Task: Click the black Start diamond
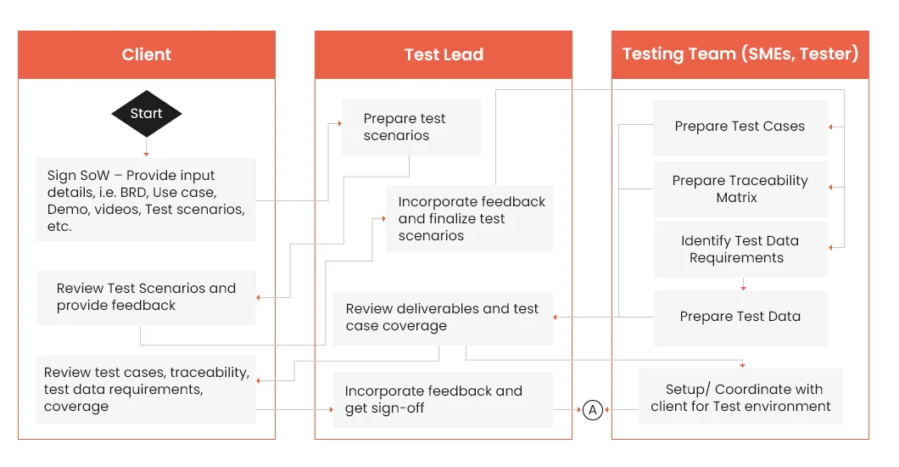click(x=146, y=114)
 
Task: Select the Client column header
click(x=147, y=54)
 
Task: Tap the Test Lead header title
click(x=444, y=54)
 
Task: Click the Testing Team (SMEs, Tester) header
click(x=740, y=54)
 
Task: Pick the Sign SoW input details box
click(x=146, y=200)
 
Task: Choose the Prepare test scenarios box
click(x=411, y=127)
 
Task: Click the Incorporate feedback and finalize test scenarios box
click(x=470, y=218)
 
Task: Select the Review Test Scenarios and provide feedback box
click(x=146, y=298)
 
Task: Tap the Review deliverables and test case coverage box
click(x=444, y=318)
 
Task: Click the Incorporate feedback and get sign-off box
click(x=444, y=400)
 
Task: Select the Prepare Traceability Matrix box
click(x=740, y=189)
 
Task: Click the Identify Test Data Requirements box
click(x=740, y=250)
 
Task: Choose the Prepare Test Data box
click(x=740, y=318)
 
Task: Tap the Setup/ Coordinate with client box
click(x=740, y=397)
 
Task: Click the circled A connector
click(x=593, y=409)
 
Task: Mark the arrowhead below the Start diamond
click(x=146, y=154)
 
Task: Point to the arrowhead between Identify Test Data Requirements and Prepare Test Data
click(x=743, y=288)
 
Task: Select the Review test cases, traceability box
click(x=146, y=390)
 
